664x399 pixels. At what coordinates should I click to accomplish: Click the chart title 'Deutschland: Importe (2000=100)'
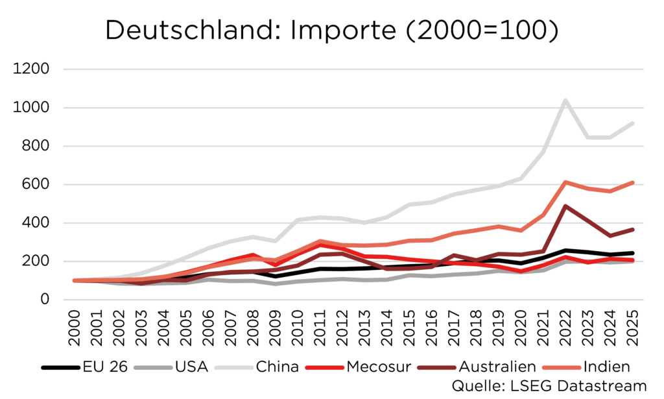331,30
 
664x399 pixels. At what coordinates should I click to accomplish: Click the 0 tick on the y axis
45,300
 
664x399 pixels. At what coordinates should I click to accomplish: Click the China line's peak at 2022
565,101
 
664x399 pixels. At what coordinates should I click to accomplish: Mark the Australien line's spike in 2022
565,206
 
